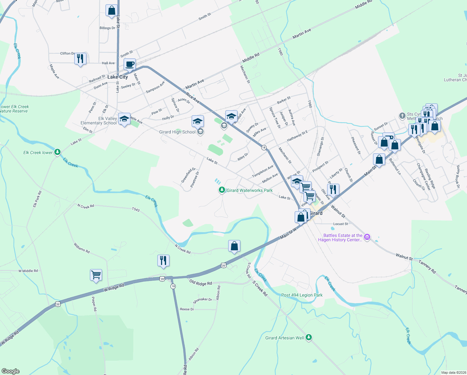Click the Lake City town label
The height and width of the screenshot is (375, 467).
[118, 77]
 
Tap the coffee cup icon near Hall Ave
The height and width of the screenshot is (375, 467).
[130, 64]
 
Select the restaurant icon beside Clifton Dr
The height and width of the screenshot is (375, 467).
[80, 58]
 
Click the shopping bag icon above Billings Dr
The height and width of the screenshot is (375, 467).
[111, 11]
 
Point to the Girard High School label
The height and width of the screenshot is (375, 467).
[177, 132]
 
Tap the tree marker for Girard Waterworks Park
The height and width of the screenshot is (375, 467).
[222, 190]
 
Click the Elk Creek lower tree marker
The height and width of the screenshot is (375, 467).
[57, 152]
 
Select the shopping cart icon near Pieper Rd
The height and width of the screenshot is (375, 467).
[96, 275]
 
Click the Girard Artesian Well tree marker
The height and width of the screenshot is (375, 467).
[309, 337]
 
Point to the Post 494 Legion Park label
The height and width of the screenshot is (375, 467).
[302, 295]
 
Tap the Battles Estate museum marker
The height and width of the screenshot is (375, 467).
[367, 237]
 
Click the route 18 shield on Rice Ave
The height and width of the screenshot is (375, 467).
[264, 147]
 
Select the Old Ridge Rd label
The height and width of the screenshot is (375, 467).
[201, 283]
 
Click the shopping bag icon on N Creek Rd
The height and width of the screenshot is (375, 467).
[234, 246]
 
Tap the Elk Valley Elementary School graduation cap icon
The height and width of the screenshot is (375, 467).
[124, 119]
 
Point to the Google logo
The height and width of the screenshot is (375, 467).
[11, 371]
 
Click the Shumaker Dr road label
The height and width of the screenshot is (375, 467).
[203, 300]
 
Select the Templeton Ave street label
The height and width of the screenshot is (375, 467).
[263, 171]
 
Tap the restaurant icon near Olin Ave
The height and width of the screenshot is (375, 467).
[333, 190]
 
